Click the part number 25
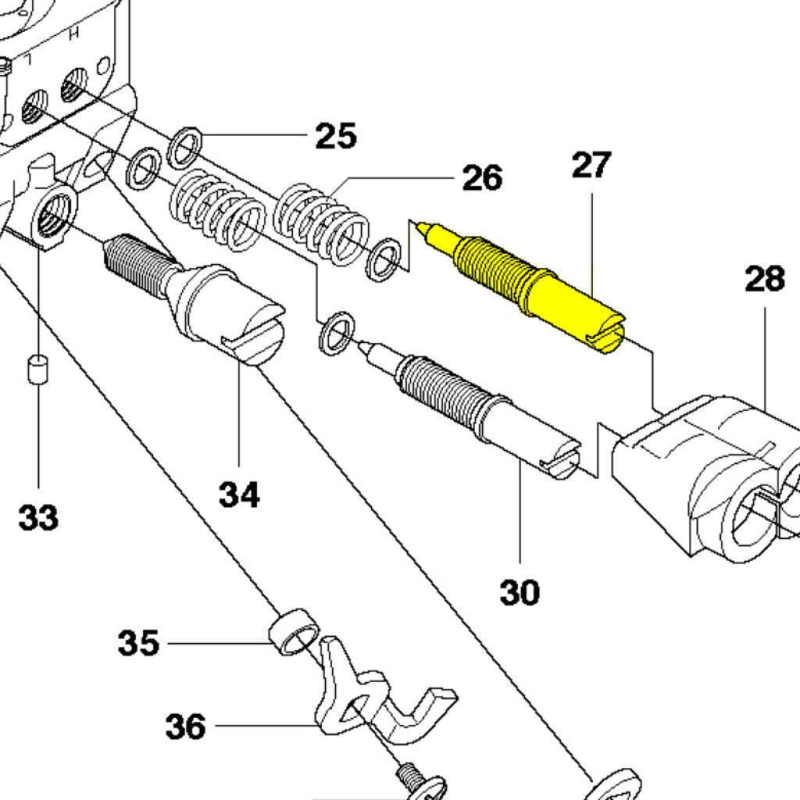point(336,136)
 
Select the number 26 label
point(482,178)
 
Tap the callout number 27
point(591,166)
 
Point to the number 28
point(764,279)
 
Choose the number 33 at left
point(38,516)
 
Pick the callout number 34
point(238,494)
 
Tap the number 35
point(138,643)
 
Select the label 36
point(185,727)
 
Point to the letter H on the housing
point(74,35)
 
